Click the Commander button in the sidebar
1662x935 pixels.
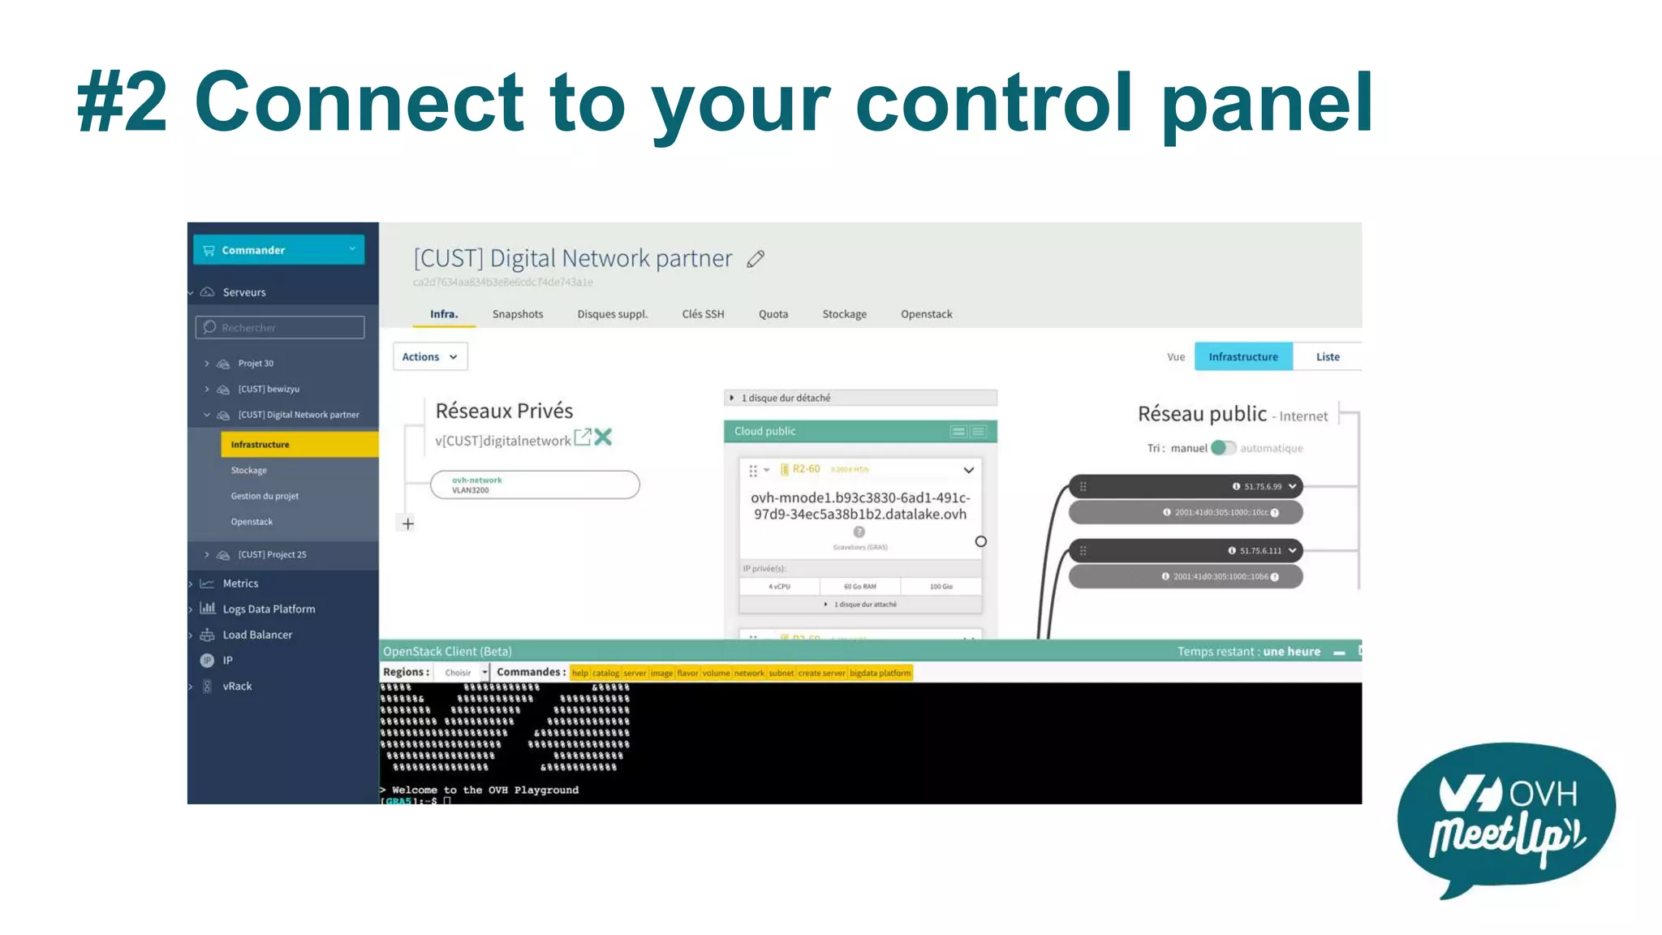278,250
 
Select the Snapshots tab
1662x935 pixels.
518,314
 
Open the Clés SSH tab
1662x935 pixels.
703,314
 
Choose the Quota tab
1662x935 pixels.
773,314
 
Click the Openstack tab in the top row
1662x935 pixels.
926,314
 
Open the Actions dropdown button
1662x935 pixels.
430,357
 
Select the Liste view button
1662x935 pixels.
1328,357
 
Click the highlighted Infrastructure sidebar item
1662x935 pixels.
299,445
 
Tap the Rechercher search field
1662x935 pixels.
280,328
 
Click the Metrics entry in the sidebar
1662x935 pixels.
240,584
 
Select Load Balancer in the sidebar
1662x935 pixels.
257,635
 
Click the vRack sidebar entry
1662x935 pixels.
237,687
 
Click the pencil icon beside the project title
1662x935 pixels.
756,259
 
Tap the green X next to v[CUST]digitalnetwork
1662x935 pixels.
603,437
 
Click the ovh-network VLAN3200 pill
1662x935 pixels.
535,485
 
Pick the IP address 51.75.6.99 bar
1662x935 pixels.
1186,487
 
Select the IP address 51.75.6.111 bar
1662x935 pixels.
1186,551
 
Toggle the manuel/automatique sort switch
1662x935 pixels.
1223,448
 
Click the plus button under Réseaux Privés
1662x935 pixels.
408,524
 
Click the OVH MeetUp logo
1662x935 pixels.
1506,818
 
